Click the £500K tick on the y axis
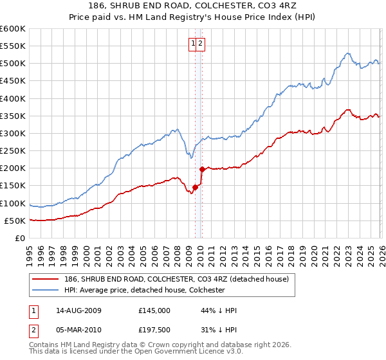tap(13, 64)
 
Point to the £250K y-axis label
tap(13, 151)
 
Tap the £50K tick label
tap(15, 221)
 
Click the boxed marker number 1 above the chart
tap(193, 44)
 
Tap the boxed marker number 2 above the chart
tap(201, 44)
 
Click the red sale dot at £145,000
tap(196, 187)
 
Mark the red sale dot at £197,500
tap(202, 169)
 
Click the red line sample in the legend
tap(46, 279)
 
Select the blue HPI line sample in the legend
tap(46, 290)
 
